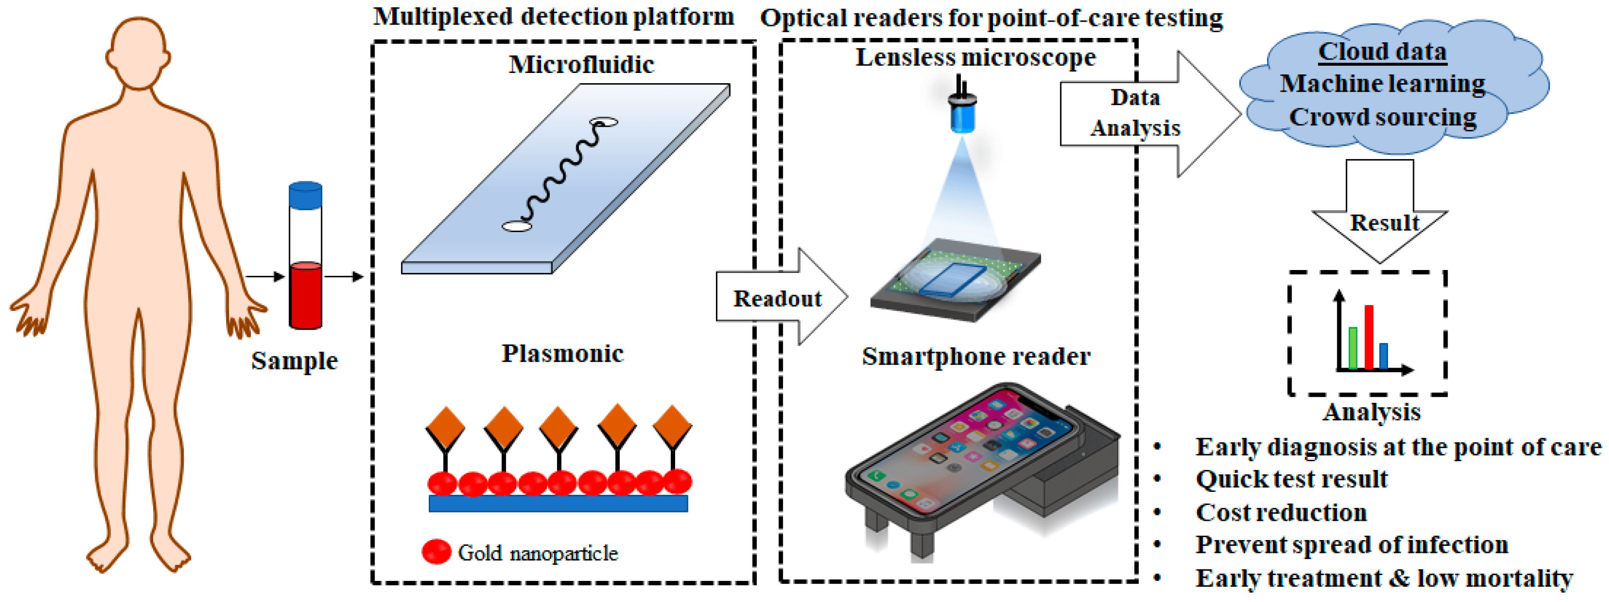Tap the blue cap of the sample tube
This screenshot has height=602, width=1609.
click(x=305, y=195)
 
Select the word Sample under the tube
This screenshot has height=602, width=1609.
click(x=294, y=361)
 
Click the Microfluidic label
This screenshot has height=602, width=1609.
click(x=581, y=64)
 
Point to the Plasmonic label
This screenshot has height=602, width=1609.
click(x=562, y=353)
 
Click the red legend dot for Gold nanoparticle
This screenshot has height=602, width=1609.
click(x=436, y=552)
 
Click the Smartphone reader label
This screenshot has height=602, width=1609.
click(x=976, y=356)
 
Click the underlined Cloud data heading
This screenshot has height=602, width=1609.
click(x=1382, y=51)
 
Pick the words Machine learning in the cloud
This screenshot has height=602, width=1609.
click(x=1382, y=84)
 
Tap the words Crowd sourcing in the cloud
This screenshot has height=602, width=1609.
click(x=1382, y=117)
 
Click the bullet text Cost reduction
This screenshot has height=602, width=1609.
click(x=1281, y=513)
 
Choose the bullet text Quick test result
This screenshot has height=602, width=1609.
click(x=1291, y=479)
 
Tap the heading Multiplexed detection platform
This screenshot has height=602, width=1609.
click(x=554, y=17)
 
